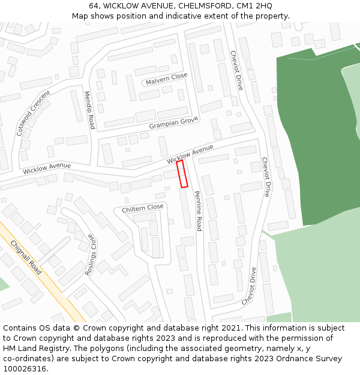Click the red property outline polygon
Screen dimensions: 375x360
182,174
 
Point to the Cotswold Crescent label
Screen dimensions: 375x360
34,113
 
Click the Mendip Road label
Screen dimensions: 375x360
89,110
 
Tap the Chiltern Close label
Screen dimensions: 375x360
143,208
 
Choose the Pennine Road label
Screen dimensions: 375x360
197,211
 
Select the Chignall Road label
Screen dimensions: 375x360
26,257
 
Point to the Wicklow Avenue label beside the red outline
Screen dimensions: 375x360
190,154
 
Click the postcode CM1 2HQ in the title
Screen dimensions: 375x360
254,6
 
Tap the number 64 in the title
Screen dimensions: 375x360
94,6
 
